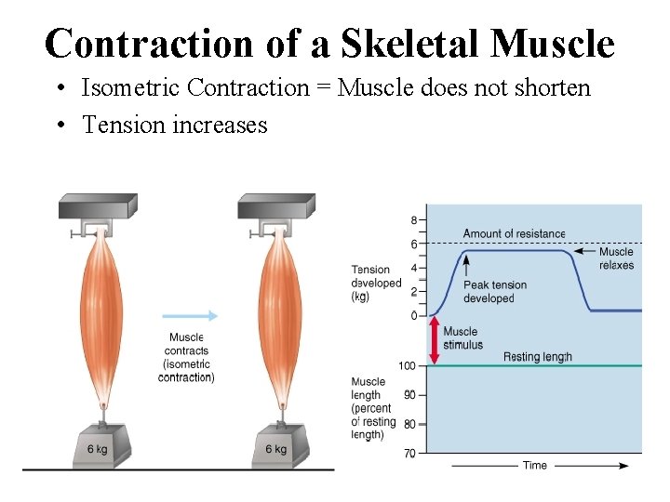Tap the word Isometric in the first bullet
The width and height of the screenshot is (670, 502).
(x=131, y=88)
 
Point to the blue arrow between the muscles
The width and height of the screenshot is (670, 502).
(x=190, y=315)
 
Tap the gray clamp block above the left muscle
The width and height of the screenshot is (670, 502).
(x=97, y=206)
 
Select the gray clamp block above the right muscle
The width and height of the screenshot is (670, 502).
(x=276, y=206)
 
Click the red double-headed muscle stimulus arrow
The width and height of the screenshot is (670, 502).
(x=434, y=340)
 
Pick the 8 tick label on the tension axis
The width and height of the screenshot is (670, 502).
(x=413, y=220)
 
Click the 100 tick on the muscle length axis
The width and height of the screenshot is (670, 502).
(x=407, y=365)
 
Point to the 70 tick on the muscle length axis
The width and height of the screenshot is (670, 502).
(x=409, y=453)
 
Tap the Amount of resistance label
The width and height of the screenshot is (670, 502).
(x=514, y=233)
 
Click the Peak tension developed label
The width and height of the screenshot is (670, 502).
(x=494, y=292)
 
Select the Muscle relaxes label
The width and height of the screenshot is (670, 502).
(x=616, y=258)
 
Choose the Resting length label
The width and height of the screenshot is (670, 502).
(x=538, y=357)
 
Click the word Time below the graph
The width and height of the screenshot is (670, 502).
(x=534, y=465)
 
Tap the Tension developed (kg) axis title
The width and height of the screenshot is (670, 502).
(x=375, y=283)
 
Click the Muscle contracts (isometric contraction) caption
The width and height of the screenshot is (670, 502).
(x=186, y=357)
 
